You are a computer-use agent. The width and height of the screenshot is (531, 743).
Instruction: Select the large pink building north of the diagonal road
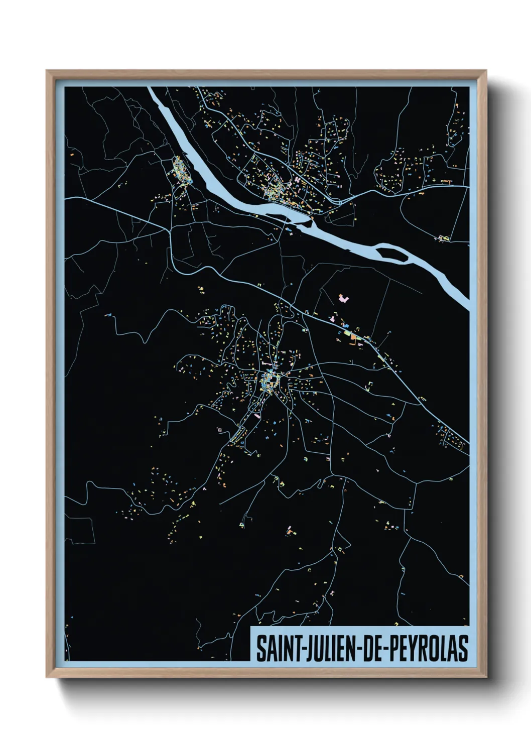[x=344, y=299]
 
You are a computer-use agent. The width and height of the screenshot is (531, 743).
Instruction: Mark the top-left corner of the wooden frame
[x=47, y=71]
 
